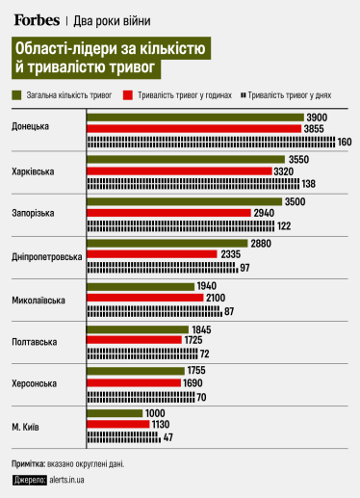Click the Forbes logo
[35, 18]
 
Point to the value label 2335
[232, 254]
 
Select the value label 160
[345, 142]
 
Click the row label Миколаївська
[39, 300]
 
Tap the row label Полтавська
[34, 342]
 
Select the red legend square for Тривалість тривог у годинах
[128, 94]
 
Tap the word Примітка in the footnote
[28, 463]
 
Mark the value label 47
[168, 437]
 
